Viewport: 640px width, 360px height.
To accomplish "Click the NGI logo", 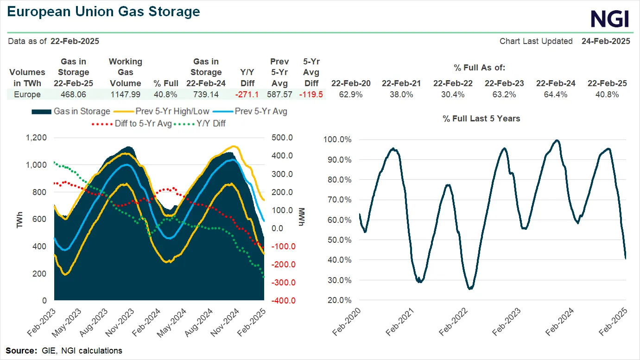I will click(x=609, y=19).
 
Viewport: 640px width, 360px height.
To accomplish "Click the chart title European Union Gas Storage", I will click(x=104, y=12).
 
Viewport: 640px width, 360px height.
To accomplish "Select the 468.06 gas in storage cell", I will click(x=73, y=95).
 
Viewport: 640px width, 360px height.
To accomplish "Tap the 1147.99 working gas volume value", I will click(x=125, y=95).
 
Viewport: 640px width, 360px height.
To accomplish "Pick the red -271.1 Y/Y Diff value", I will click(x=246, y=95).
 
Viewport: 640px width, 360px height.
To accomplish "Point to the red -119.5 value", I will click(x=311, y=95).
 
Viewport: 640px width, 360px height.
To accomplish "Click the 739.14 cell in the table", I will click(x=206, y=95).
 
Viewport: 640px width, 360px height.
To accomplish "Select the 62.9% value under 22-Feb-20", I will click(x=351, y=95).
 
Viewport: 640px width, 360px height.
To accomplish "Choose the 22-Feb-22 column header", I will click(x=453, y=83).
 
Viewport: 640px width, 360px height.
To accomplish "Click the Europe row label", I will click(x=27, y=95).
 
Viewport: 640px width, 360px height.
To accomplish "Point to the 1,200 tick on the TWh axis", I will click(x=37, y=138).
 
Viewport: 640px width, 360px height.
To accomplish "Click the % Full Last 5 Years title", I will click(x=481, y=119).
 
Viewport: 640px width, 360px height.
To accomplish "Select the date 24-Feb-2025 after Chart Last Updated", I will click(x=606, y=41).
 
